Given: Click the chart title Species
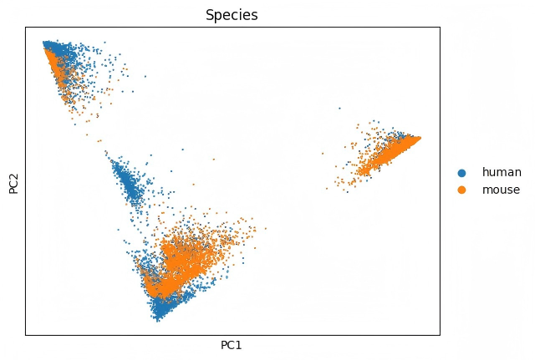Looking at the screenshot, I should click(232, 14).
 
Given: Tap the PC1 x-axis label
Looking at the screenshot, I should click(232, 345).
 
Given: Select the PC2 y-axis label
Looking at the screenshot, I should click(13, 180).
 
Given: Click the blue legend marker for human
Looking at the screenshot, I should click(461, 172).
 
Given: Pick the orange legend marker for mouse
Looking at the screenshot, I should click(461, 190).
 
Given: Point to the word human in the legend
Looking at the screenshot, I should click(502, 172).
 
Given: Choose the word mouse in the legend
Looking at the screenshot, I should click(501, 190).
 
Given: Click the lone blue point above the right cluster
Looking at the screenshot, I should click(339, 108).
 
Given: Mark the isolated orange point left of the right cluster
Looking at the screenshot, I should click(324, 154).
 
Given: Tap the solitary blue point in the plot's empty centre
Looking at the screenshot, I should click(214, 157).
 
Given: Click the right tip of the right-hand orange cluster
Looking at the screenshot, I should click(420, 138).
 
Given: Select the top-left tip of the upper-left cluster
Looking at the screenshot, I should click(44, 42).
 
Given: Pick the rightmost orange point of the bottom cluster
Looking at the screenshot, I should click(266, 228).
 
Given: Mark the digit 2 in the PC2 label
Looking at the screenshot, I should click(13, 171).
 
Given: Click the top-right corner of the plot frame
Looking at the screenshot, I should click(440, 27).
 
